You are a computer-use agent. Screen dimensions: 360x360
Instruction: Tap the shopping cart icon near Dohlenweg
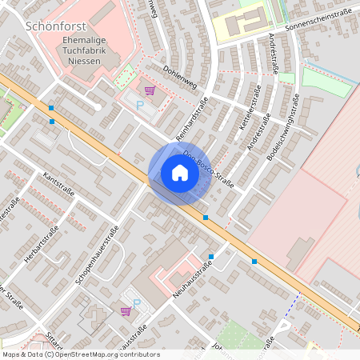pyautogui.click(x=150, y=90)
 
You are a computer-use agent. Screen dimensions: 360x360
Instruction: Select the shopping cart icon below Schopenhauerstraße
pyautogui.click(x=125, y=310)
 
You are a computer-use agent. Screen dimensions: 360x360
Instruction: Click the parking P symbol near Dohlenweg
pyautogui.click(x=140, y=105)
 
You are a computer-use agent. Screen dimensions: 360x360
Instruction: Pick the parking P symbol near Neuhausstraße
pyautogui.click(x=136, y=304)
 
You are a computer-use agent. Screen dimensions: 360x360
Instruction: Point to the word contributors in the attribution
pyautogui.click(x=137, y=354)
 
